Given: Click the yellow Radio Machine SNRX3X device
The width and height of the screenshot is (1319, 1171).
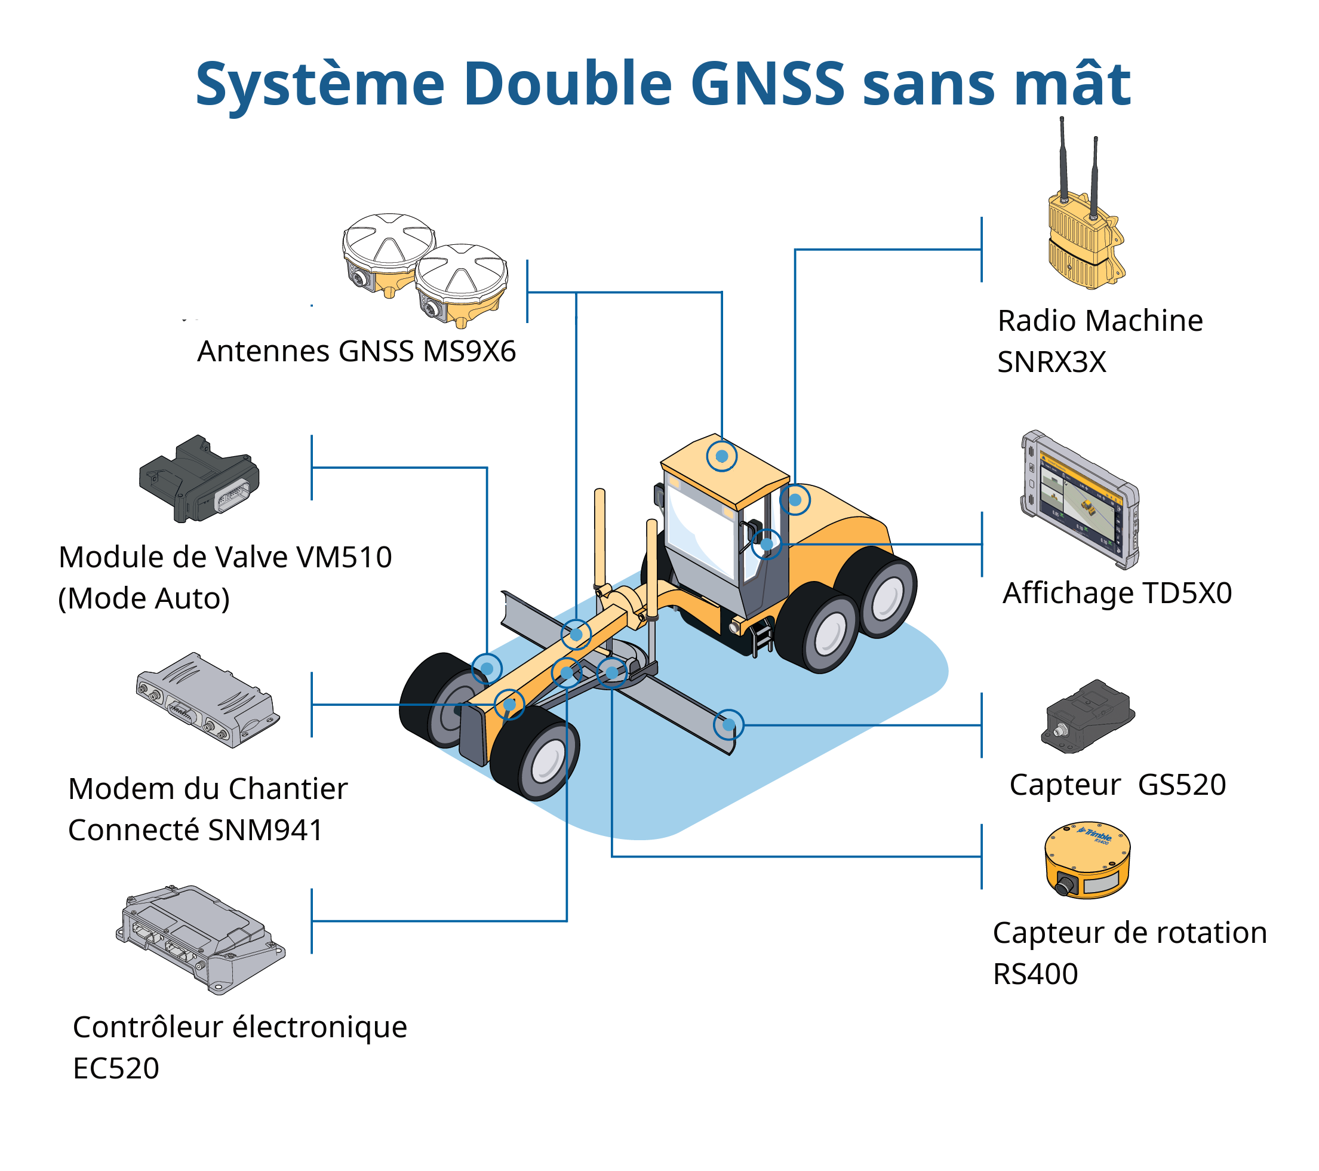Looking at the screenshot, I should click(x=1084, y=239).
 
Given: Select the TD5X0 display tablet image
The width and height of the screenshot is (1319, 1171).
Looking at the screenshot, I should click(x=1080, y=500).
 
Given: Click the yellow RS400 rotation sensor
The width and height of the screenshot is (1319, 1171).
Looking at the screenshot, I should click(x=1087, y=861).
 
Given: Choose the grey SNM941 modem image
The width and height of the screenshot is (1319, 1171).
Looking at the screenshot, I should click(x=208, y=699).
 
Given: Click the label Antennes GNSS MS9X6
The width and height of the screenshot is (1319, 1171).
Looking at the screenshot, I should click(x=356, y=352).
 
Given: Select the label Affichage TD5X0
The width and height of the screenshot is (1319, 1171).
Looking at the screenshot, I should click(x=1117, y=593).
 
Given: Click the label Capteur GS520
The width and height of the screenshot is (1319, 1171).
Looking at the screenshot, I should click(x=1117, y=785).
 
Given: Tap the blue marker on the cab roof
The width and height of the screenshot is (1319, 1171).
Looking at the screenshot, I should click(x=721, y=456).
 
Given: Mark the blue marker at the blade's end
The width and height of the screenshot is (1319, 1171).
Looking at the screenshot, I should click(x=728, y=725).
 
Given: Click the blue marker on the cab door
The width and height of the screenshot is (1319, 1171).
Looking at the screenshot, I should click(x=767, y=544).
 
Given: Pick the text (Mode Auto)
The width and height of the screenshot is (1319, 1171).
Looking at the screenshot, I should click(x=144, y=599).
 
